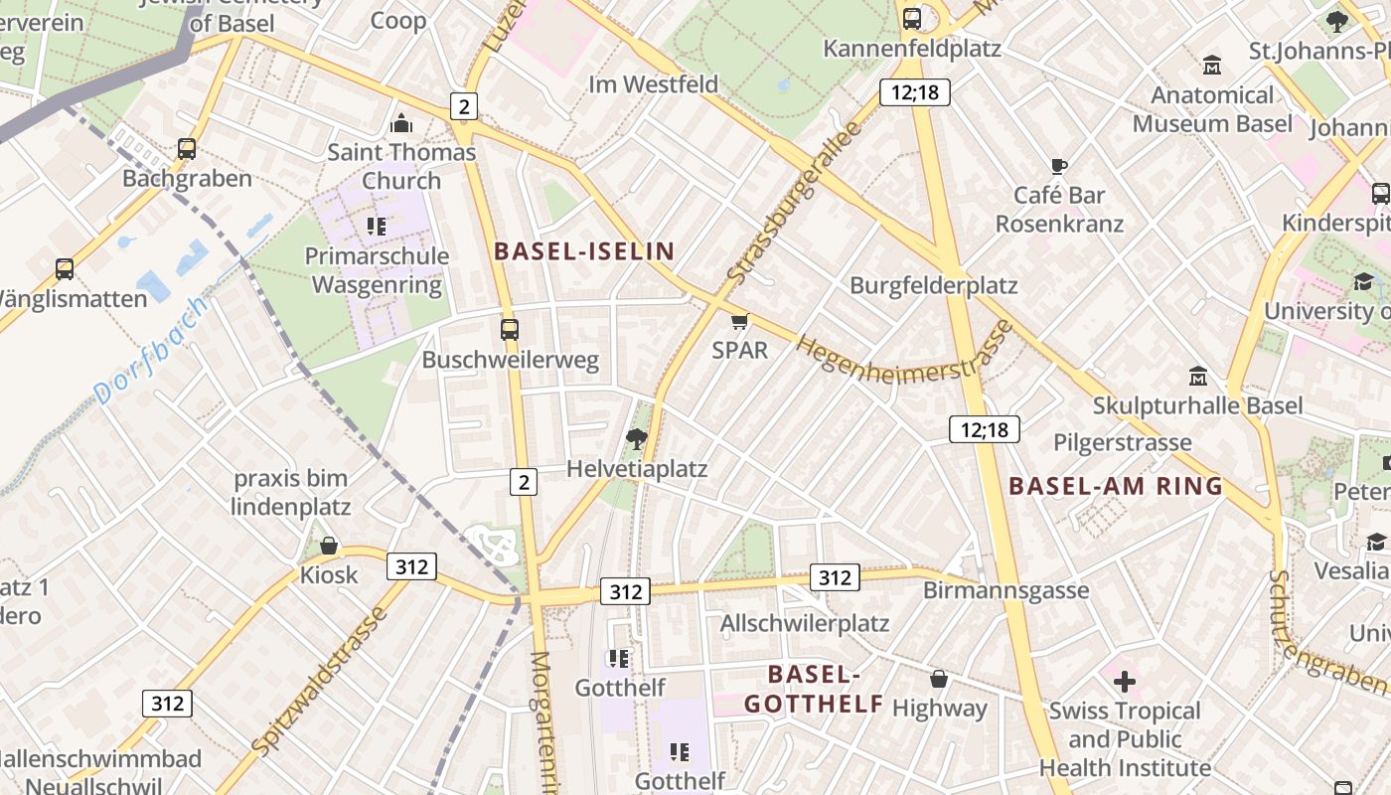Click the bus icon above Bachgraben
coord(187,149)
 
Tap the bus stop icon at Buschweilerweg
coord(510,329)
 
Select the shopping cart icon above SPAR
coord(739,321)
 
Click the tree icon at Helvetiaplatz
coord(636,438)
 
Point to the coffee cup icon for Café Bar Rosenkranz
coord(1059,166)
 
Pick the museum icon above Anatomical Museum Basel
coord(1212,66)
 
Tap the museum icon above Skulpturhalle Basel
coord(1198,377)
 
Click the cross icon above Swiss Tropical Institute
coord(1125,682)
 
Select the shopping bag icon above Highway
coord(939,679)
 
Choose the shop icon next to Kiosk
coord(329,546)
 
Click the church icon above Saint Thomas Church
coord(401,123)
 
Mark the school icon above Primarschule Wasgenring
coord(377,226)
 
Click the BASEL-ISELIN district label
coord(584,251)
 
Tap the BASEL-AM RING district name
coord(1115,486)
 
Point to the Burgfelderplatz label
coord(933,285)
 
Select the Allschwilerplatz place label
coord(804,623)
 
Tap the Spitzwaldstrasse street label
coord(319,680)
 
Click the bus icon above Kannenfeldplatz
coord(912,18)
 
